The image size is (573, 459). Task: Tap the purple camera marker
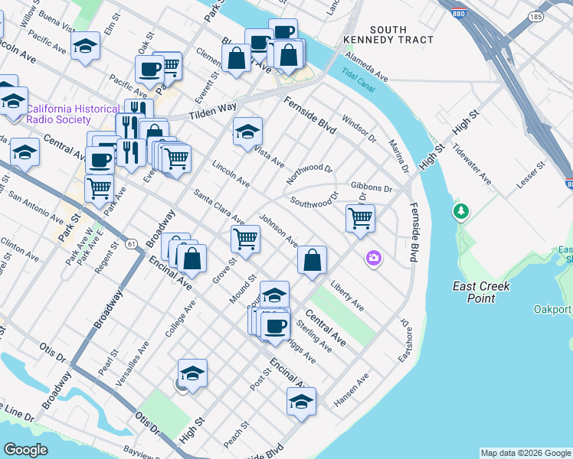tap(373, 259)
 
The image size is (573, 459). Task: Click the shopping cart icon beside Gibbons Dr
tap(360, 218)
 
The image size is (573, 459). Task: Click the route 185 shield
tap(535, 15)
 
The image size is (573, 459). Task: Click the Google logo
tap(25, 450)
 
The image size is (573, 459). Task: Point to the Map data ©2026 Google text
tap(526, 453)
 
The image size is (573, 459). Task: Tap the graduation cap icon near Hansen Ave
tap(301, 401)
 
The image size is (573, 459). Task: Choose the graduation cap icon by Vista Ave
tap(247, 132)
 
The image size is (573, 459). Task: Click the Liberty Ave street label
tap(346, 296)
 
